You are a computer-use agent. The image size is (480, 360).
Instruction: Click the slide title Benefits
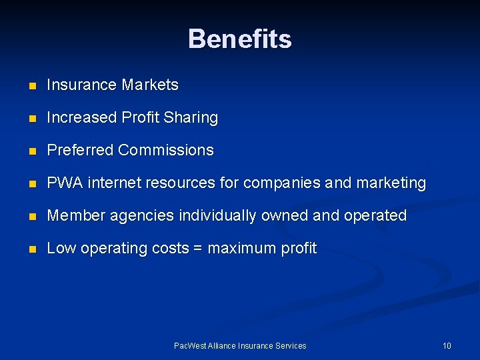click(x=240, y=39)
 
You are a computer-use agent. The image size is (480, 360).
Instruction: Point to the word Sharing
click(x=191, y=118)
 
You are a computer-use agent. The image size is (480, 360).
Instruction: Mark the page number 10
click(x=447, y=345)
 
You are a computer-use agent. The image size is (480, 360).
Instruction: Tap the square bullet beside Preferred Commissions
click(x=31, y=151)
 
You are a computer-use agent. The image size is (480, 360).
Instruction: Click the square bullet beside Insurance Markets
click(x=31, y=86)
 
